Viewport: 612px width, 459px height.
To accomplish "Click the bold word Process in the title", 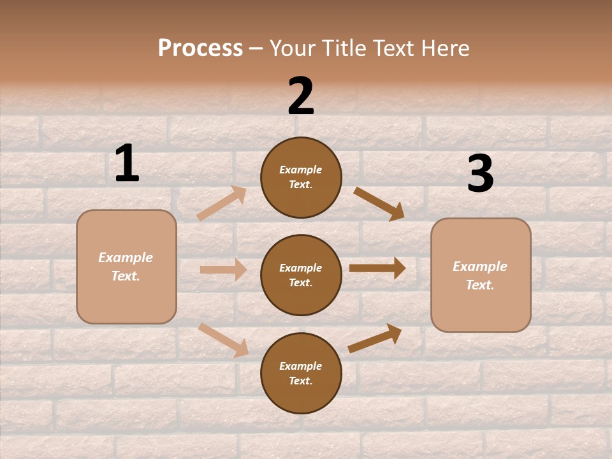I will (x=200, y=48).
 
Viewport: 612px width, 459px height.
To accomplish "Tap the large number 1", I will (x=127, y=164).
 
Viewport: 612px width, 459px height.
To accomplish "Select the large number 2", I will (x=301, y=96).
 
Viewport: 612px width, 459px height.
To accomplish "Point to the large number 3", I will (x=480, y=174).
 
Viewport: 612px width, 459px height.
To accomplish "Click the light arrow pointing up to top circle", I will (x=221, y=203).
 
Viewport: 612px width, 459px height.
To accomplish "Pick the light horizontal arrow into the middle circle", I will (x=223, y=270).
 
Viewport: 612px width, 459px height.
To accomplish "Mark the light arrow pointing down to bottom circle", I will (x=223, y=339).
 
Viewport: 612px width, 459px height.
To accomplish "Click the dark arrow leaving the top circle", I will (x=379, y=203).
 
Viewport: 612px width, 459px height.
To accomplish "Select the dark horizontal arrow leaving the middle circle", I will (x=377, y=268).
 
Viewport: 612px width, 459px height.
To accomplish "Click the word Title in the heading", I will (x=344, y=48).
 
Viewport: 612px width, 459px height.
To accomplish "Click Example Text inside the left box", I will (x=126, y=266).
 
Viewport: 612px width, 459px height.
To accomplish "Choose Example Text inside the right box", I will (x=480, y=275).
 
